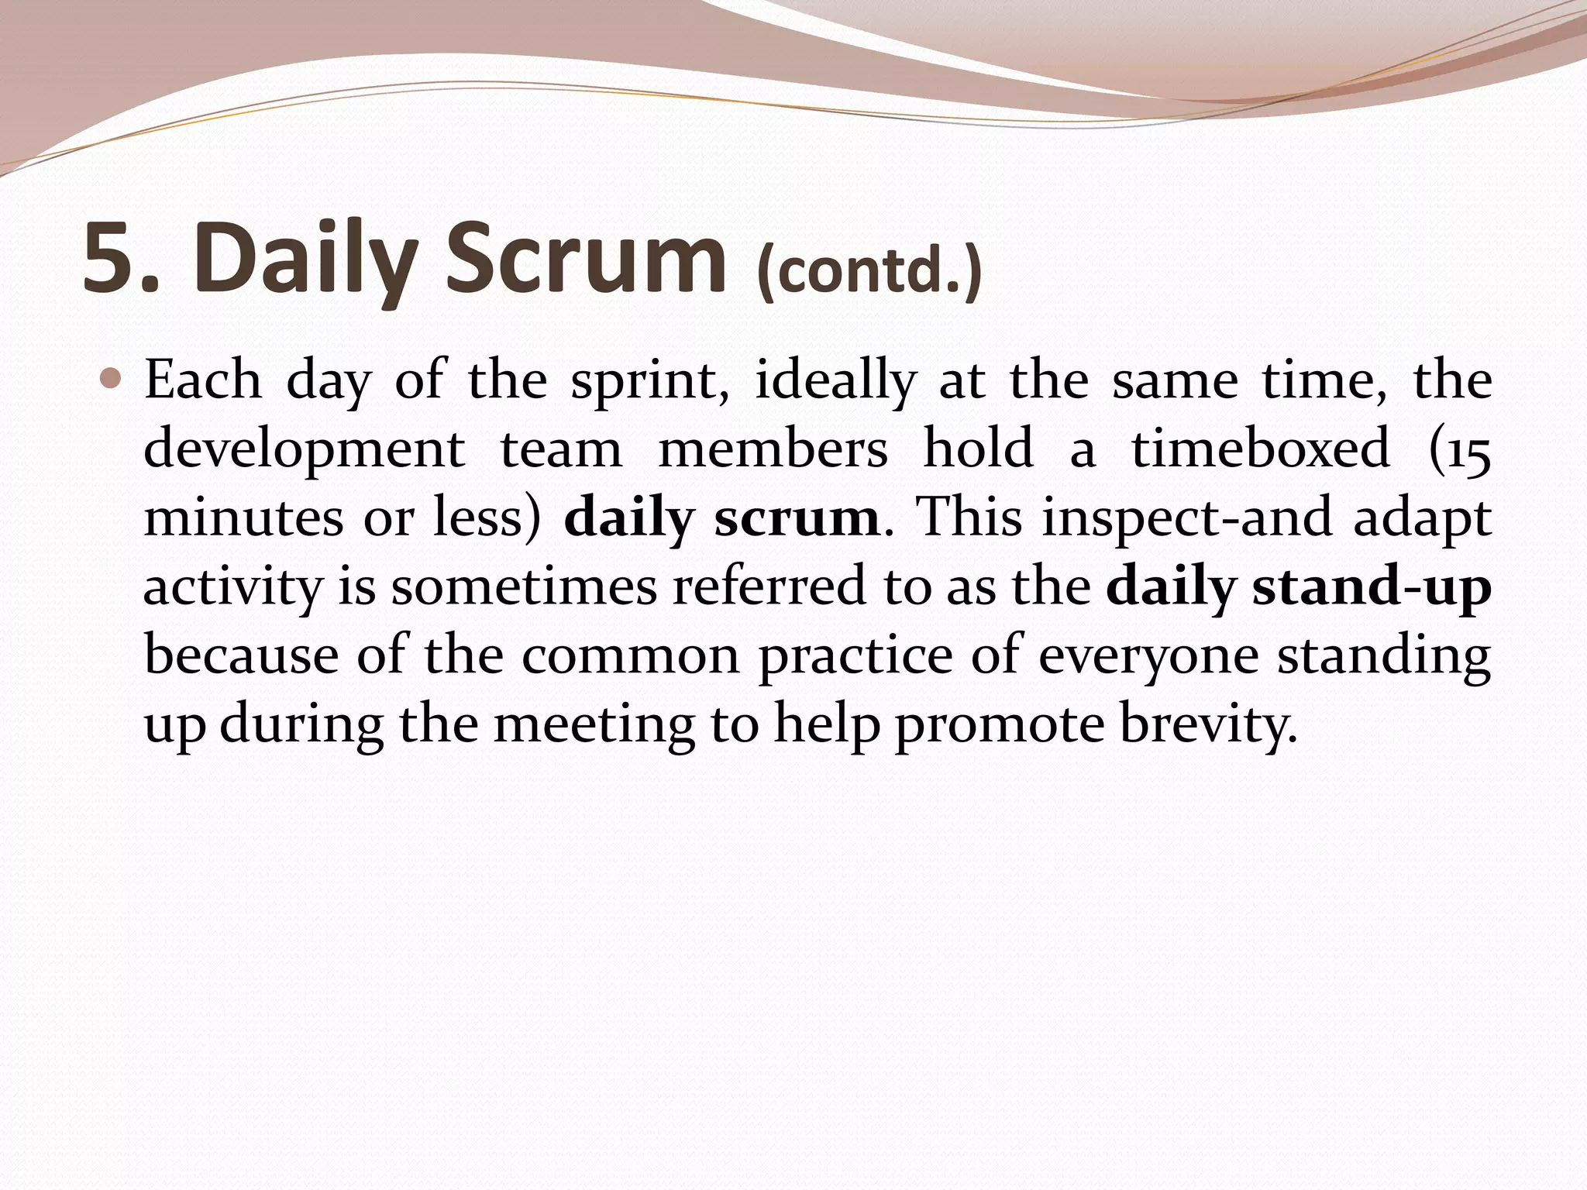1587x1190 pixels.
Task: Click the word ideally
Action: (835, 381)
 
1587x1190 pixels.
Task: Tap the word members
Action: (773, 449)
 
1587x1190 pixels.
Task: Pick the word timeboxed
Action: (1261, 449)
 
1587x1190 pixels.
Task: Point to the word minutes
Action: (243, 518)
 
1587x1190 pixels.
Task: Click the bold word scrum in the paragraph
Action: (797, 518)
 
